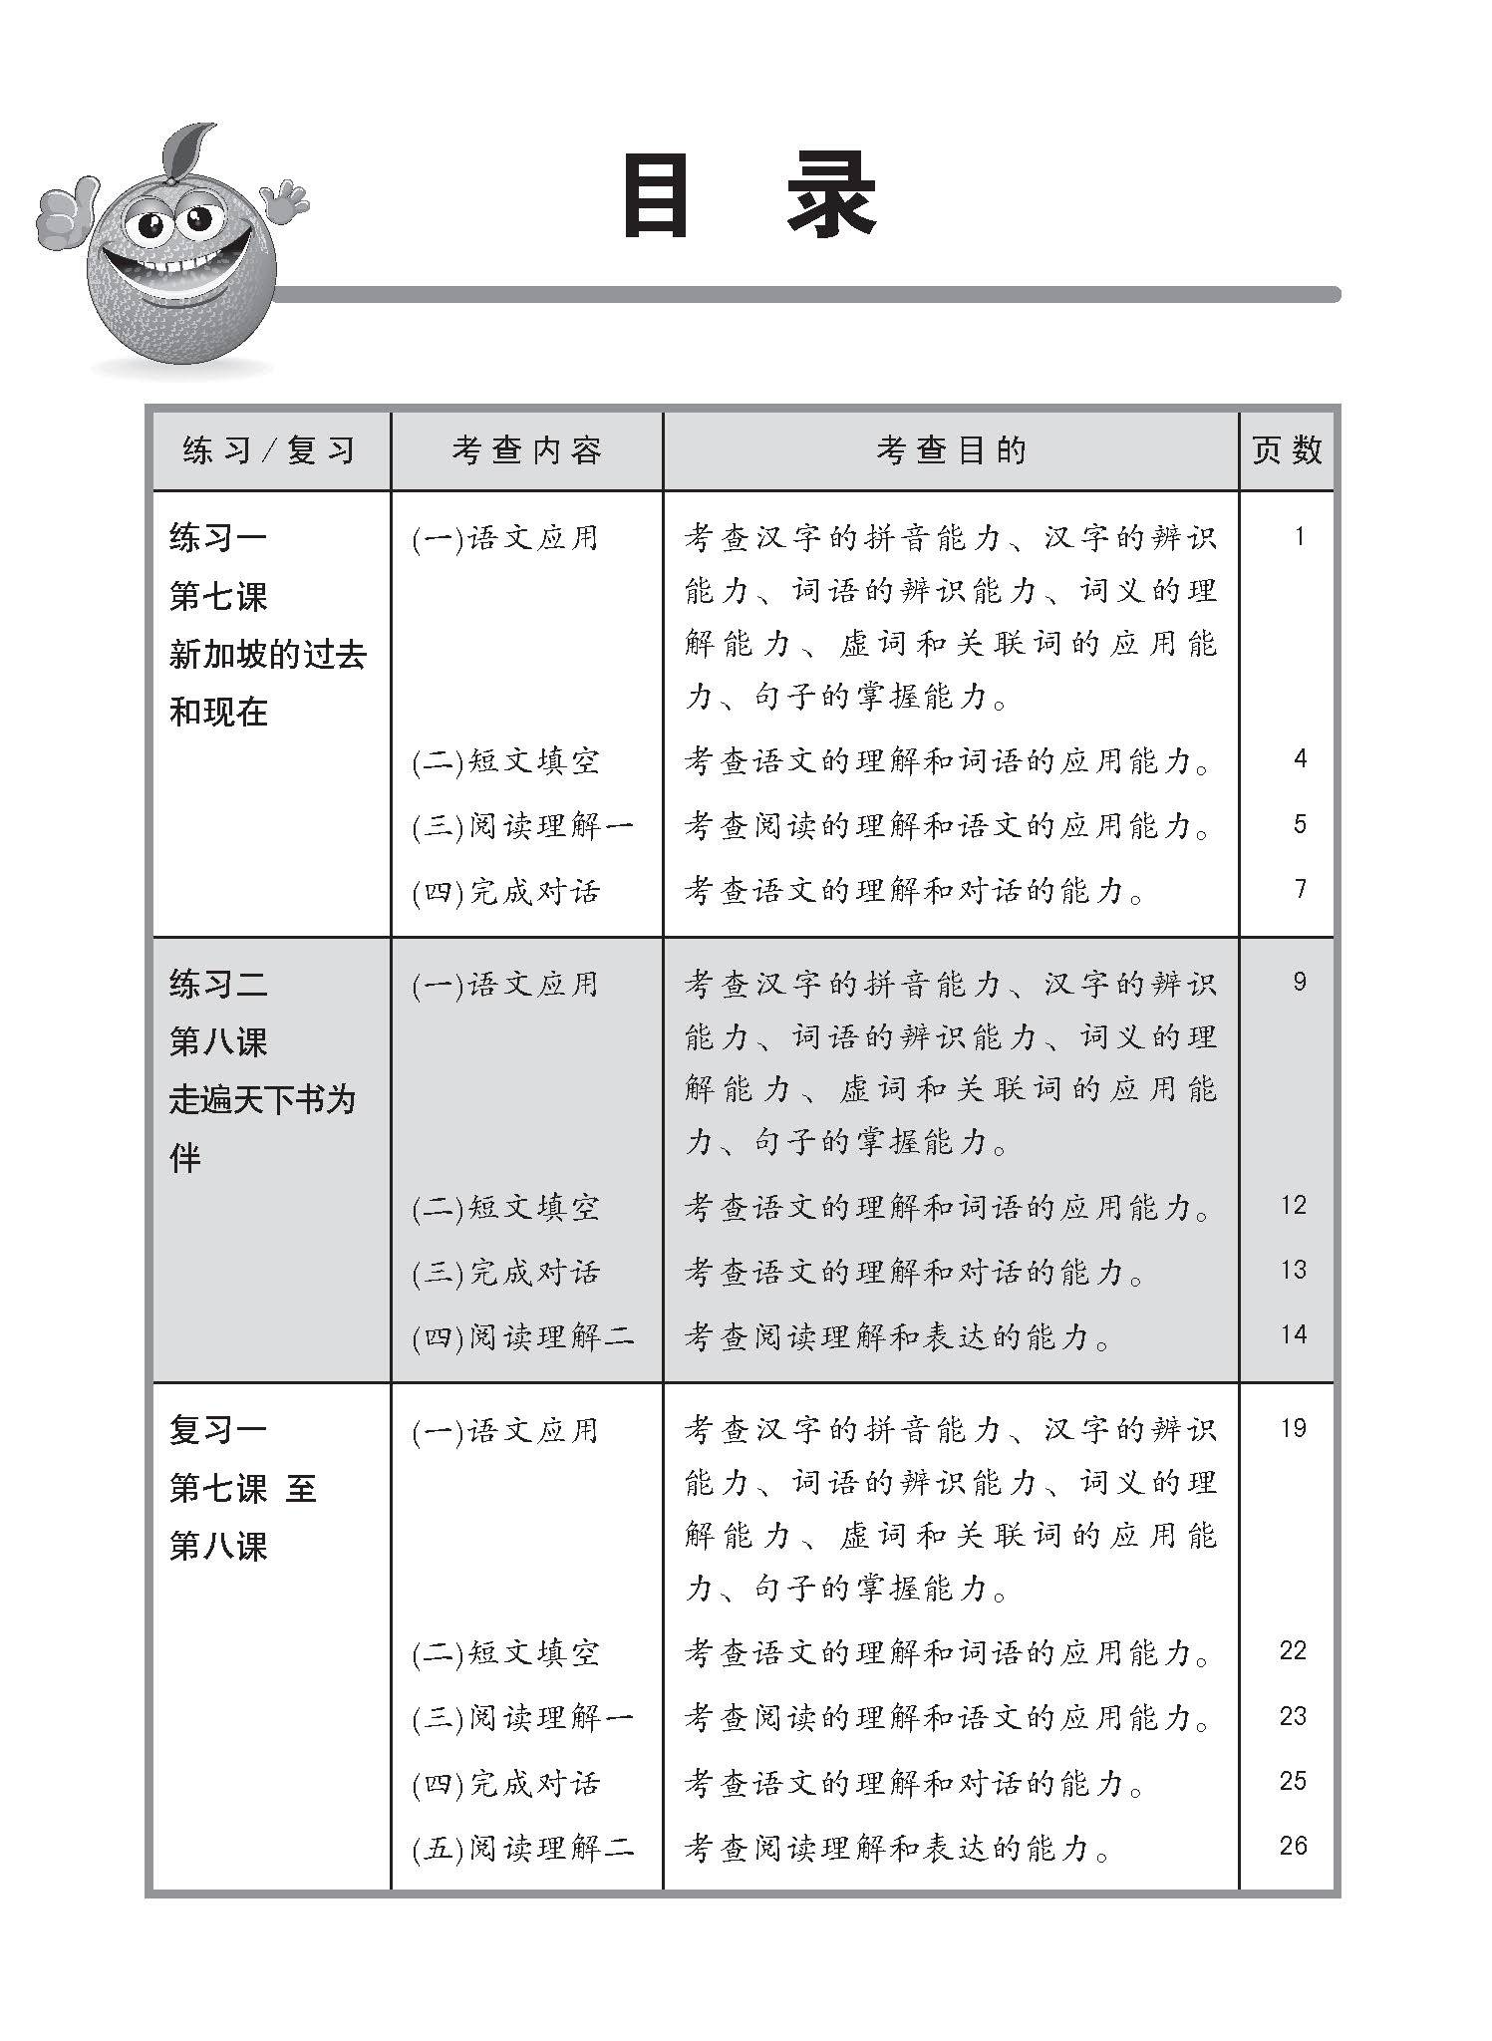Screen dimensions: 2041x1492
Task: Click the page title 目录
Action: click(748, 197)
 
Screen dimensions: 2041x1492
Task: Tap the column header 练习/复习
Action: click(269, 450)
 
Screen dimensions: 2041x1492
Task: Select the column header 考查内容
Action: click(526, 450)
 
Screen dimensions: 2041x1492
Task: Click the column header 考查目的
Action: click(951, 450)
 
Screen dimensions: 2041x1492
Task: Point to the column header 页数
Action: click(1287, 450)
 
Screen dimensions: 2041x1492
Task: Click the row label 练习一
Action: click(218, 539)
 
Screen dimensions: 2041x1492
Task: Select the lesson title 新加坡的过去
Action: click(268, 655)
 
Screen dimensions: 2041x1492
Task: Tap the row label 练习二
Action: click(218, 985)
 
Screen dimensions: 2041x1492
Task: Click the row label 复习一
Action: click(218, 1431)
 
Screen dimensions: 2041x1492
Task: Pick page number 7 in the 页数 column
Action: click(1300, 888)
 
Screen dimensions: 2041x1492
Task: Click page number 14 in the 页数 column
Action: click(1293, 1334)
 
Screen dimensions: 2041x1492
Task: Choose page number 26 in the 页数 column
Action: click(1293, 1845)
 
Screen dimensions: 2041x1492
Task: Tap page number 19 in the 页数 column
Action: click(1293, 1428)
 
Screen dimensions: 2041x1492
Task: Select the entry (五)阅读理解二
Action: click(523, 1849)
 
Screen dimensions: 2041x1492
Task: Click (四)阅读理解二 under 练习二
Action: click(523, 1337)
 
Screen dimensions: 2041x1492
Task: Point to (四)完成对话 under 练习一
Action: click(506, 892)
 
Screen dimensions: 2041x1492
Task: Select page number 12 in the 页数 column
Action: click(1293, 1205)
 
